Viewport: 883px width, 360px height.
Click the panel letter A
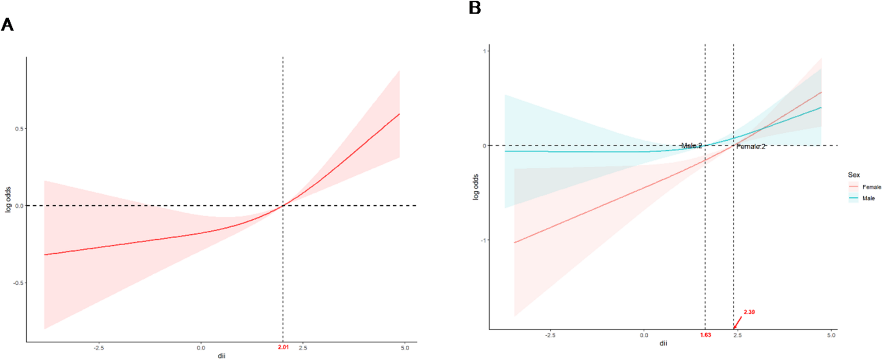[x=7, y=25]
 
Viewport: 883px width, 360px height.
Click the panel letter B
[x=475, y=7]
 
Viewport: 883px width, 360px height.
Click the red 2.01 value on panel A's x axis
[x=283, y=347]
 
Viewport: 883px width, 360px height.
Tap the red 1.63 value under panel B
[x=705, y=335]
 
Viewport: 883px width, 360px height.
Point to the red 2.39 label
[x=749, y=312]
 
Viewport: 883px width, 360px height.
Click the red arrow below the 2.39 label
[x=737, y=323]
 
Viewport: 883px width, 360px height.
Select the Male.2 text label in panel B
[x=691, y=145]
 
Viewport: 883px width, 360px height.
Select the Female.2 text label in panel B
[x=751, y=147]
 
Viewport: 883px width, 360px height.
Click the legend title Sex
[x=854, y=175]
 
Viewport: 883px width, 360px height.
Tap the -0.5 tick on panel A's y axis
[x=18, y=283]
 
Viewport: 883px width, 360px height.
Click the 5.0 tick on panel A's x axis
[x=405, y=348]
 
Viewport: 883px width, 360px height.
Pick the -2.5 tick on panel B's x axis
[x=550, y=335]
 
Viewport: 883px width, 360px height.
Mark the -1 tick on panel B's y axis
[x=483, y=240]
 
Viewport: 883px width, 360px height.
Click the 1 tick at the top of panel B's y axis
[x=485, y=51]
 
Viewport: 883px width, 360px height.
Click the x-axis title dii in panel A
[x=222, y=356]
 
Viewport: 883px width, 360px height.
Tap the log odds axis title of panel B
[x=475, y=187]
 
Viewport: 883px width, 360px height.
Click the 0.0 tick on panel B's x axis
[x=644, y=335]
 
